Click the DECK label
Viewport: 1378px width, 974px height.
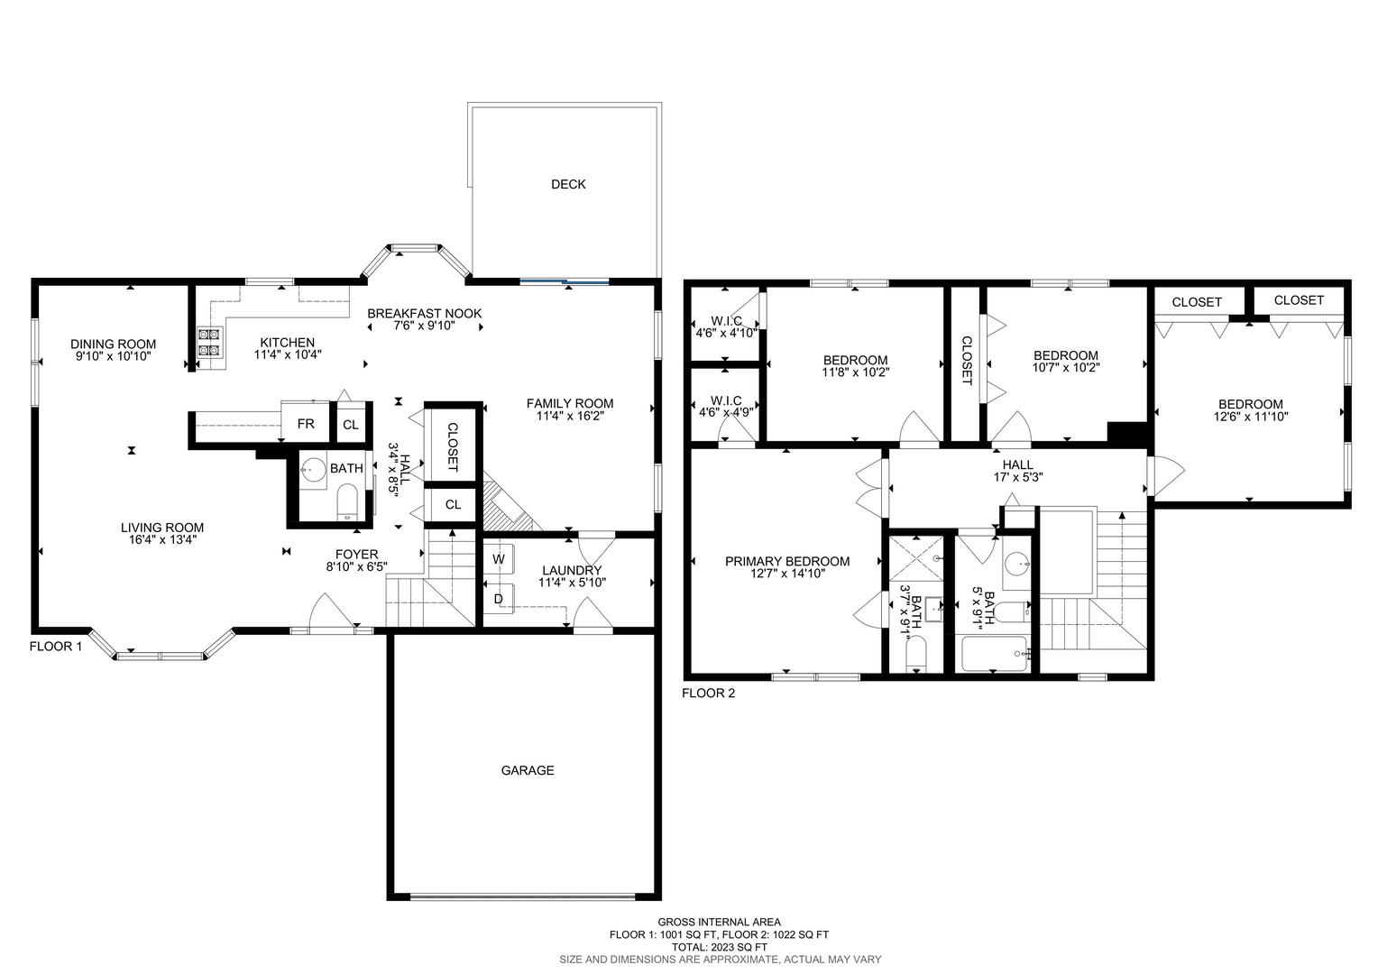click(x=568, y=184)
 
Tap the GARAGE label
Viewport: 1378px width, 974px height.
click(x=528, y=770)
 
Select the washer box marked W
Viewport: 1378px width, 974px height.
click(x=498, y=559)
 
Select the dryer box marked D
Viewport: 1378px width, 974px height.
click(x=498, y=598)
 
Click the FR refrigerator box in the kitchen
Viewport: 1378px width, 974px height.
click(x=306, y=424)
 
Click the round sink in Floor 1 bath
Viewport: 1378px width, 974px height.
click(x=313, y=469)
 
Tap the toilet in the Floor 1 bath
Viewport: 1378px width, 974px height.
click(x=347, y=501)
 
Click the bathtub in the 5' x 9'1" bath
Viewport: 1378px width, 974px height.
click(x=994, y=654)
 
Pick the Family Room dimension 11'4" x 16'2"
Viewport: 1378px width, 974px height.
click(x=570, y=417)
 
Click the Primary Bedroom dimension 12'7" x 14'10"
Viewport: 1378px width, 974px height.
click(x=786, y=574)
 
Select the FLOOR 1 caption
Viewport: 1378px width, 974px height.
click(x=56, y=647)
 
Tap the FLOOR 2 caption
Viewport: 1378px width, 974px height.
click(x=708, y=694)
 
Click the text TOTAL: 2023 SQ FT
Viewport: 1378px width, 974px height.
click(x=719, y=947)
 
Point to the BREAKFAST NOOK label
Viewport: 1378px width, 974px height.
click(x=424, y=313)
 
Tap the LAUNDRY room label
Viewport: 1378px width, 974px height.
click(x=572, y=570)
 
